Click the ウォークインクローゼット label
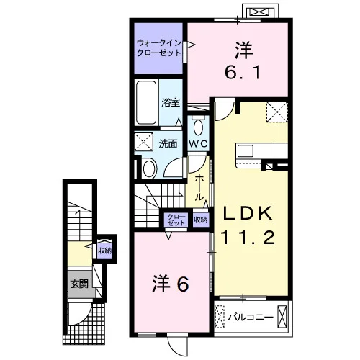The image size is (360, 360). pyautogui.click(x=158, y=48)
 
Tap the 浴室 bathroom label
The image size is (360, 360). pyautogui.click(x=171, y=102)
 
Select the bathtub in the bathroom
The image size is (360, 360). pyautogui.click(x=146, y=103)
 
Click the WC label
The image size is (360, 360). pyautogui.click(x=198, y=144)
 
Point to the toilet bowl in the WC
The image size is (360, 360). pyautogui.click(x=198, y=127)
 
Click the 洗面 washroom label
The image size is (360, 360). pyautogui.click(x=168, y=143)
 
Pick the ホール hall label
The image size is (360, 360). pyautogui.click(x=199, y=188)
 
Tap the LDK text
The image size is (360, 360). pyautogui.click(x=248, y=213)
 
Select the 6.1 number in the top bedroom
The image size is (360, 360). pyautogui.click(x=243, y=73)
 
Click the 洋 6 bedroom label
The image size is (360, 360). pyautogui.click(x=171, y=284)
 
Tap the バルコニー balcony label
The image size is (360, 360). pyautogui.click(x=251, y=318)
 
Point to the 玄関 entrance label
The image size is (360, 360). pyautogui.click(x=79, y=284)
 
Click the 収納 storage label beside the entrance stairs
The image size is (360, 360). pyautogui.click(x=104, y=251)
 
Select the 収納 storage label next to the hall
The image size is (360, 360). pyautogui.click(x=201, y=220)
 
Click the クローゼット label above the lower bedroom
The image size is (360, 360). pyautogui.click(x=176, y=220)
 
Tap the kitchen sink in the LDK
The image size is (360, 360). pyautogui.click(x=246, y=151)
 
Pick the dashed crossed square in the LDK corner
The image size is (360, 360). pyautogui.click(x=277, y=112)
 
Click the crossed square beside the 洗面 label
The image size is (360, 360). pyautogui.click(x=143, y=142)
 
